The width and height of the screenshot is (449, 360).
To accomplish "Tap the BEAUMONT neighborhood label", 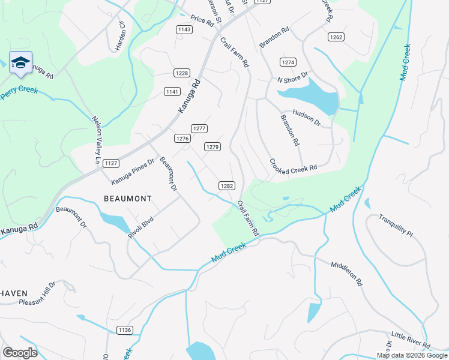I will pyautogui.click(x=128, y=198).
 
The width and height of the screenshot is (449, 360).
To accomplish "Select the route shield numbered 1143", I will pyautogui.click(x=184, y=29).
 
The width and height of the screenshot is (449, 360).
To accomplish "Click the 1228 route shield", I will pyautogui.click(x=182, y=73).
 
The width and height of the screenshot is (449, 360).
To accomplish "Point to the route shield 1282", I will pyautogui.click(x=226, y=186).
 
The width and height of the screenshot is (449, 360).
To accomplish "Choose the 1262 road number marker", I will pyautogui.click(x=336, y=37).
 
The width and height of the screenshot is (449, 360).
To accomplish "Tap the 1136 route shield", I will pyautogui.click(x=125, y=330).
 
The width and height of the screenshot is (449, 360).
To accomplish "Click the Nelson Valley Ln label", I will pyautogui.click(x=95, y=140).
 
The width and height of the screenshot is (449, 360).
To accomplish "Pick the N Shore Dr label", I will pyautogui.click(x=292, y=78).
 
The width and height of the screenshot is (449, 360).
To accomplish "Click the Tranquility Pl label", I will pyautogui.click(x=396, y=225).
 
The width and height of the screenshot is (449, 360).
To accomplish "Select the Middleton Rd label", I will pyautogui.click(x=348, y=272).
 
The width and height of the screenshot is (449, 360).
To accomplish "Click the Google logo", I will pyautogui.click(x=20, y=352).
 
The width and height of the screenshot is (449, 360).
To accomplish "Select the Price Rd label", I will pyautogui.click(x=202, y=22).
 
